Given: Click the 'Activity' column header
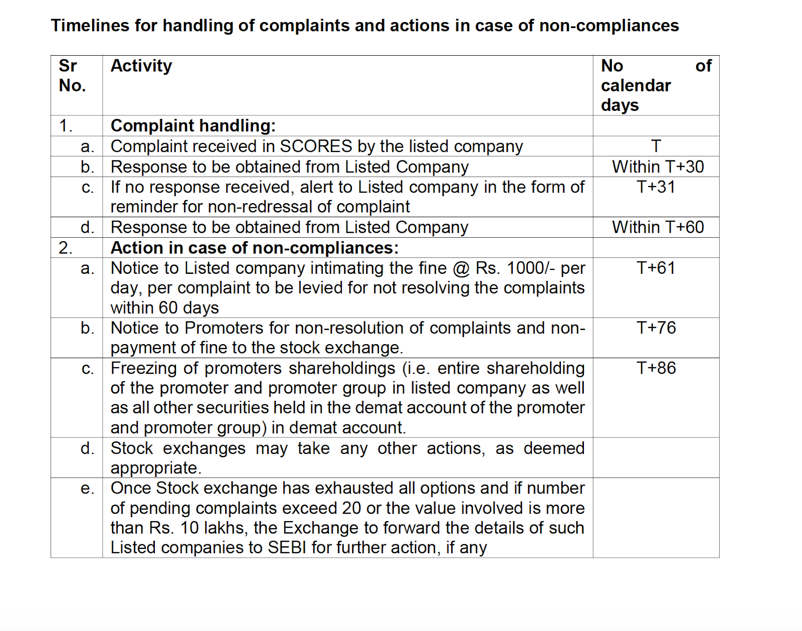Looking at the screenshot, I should click(141, 66).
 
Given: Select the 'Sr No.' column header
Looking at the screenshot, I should click(72, 76).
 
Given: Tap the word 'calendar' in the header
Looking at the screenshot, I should click(636, 85).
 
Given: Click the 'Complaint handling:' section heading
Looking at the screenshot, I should click(193, 125).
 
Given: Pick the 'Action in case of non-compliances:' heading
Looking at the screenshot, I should click(255, 248).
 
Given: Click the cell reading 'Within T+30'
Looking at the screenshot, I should click(658, 167).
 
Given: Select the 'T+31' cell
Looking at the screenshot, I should click(656, 187).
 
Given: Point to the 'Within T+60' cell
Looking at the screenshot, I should click(658, 227).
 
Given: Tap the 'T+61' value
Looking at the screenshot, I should click(656, 268).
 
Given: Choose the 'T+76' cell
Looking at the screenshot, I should click(656, 328).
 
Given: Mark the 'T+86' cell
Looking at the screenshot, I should click(656, 368).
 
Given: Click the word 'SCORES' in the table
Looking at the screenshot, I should click(316, 146).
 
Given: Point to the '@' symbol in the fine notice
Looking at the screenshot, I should click(461, 268).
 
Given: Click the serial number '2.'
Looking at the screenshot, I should click(66, 248).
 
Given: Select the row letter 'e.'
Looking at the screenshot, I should click(87, 489).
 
